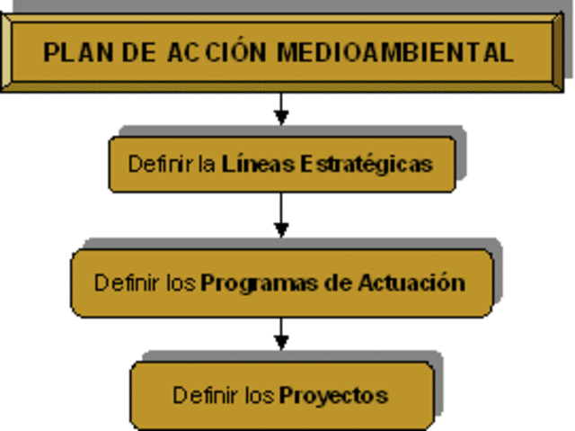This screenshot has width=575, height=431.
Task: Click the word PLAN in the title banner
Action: click(x=73, y=51)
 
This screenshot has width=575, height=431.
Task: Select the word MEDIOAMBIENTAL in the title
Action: click(x=394, y=51)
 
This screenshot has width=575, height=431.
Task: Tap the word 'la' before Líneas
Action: click(x=208, y=165)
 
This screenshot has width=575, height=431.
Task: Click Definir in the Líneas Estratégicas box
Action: click(x=162, y=165)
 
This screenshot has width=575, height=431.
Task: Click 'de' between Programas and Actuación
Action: click(x=335, y=283)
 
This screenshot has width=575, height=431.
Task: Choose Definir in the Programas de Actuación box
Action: click(x=128, y=283)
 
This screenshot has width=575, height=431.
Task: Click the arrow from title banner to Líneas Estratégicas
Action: click(x=282, y=109)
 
